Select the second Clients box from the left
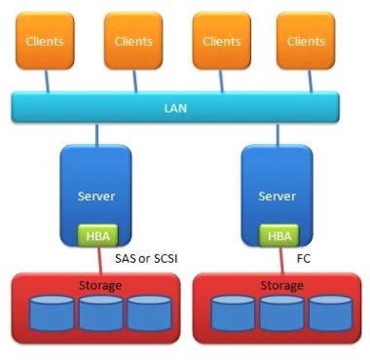(133, 42)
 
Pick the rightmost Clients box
(307, 42)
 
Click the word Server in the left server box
(95, 196)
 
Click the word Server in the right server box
(277, 196)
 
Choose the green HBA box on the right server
(277, 235)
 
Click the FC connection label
(304, 260)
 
